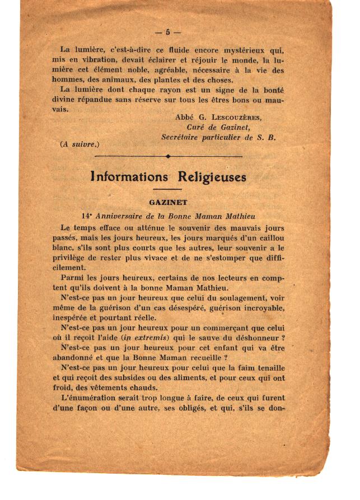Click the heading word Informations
point(129,177)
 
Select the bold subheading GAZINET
point(167,203)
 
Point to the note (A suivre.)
point(79,143)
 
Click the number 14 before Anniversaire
point(86,216)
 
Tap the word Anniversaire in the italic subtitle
point(121,216)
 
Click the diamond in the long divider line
point(167,156)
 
